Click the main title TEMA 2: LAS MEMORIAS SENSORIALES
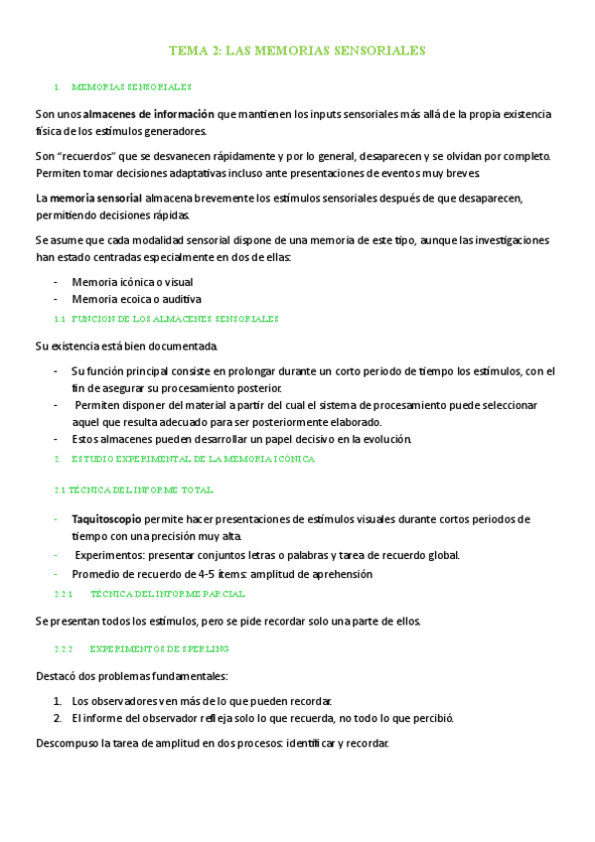298,49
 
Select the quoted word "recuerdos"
86,157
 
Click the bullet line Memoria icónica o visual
132,282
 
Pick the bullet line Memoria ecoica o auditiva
136,299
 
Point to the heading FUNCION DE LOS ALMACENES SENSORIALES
177,319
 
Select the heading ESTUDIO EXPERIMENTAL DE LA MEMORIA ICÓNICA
193,460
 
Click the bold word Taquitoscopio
106,519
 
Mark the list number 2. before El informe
59,717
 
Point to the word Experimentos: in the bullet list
107,555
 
